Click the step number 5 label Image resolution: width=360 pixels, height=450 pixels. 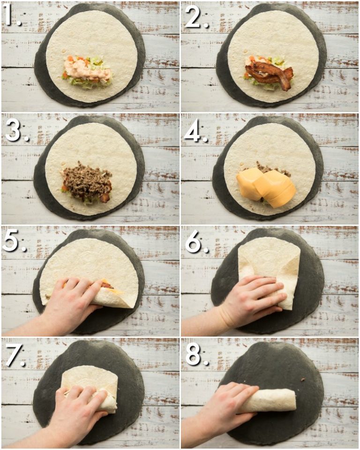12,242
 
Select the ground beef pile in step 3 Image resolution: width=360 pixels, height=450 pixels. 87,180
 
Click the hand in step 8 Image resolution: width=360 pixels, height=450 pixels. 225,403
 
